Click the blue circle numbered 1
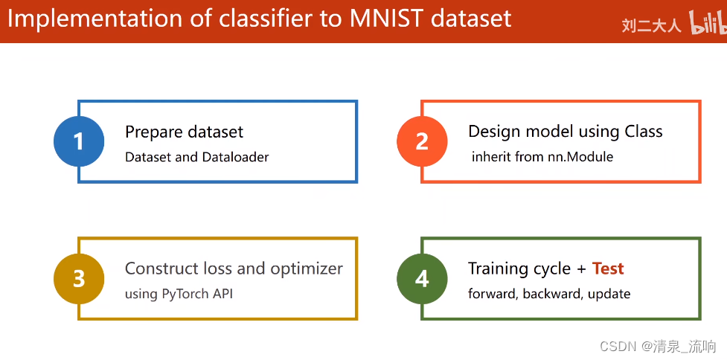[79, 141]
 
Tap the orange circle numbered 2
[422, 141]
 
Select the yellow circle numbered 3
[79, 278]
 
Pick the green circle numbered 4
[422, 278]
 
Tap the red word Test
[608, 269]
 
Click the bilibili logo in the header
[707, 25]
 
